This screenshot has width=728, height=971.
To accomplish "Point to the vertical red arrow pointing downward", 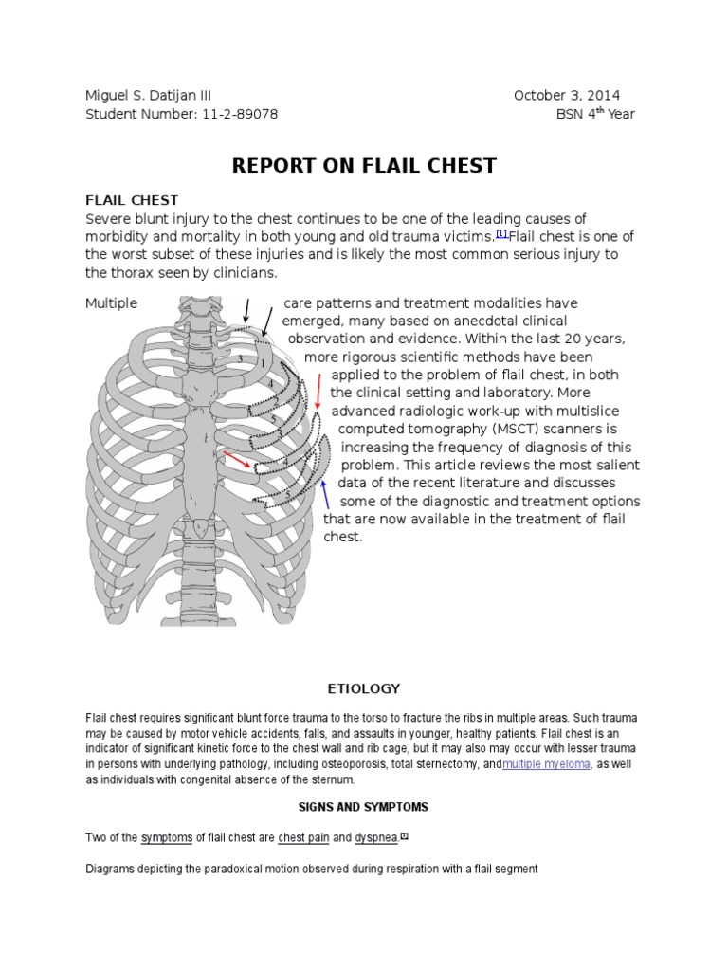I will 319,389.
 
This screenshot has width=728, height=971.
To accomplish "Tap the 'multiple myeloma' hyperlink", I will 546,764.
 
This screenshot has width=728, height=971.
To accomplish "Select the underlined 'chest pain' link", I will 303,837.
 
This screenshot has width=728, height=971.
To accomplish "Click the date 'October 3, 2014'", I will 567,96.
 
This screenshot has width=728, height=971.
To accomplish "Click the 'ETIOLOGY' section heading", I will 364,688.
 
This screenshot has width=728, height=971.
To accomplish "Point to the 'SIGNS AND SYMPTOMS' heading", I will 364,807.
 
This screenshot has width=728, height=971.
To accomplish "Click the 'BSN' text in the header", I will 571,115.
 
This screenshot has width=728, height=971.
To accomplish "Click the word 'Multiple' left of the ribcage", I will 112,303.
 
